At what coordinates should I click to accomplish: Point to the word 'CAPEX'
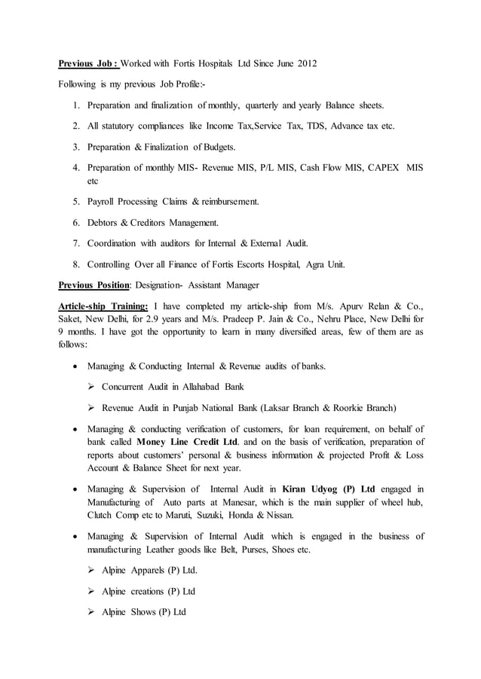click(380, 168)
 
